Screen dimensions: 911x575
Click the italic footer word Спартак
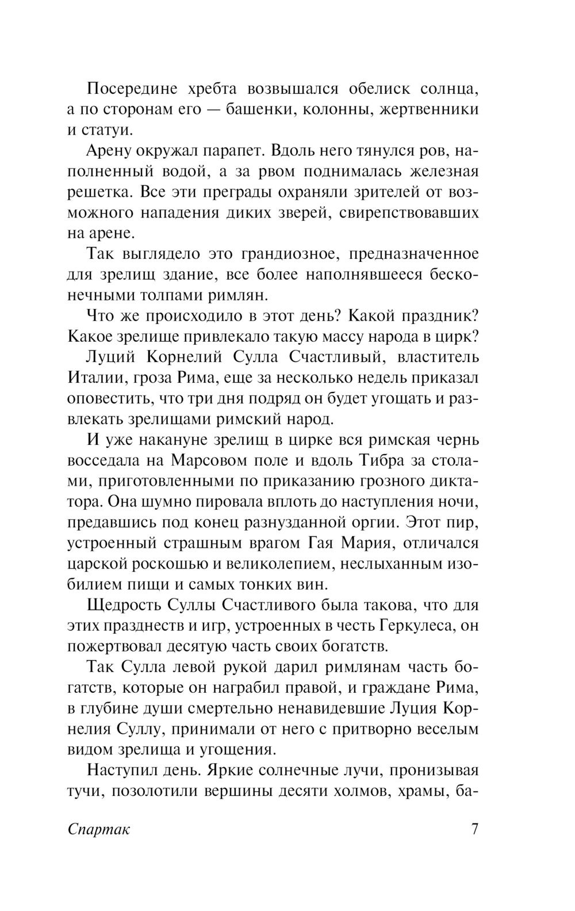pos(99,829)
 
